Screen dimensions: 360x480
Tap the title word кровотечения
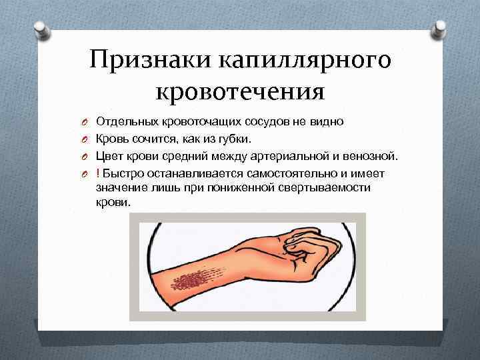[x=240, y=90]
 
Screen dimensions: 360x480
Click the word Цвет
[x=109, y=157]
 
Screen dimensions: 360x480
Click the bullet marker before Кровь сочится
[x=77, y=140]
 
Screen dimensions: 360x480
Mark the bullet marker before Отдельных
[x=77, y=123]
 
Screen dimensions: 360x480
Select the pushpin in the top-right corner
[x=440, y=27]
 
